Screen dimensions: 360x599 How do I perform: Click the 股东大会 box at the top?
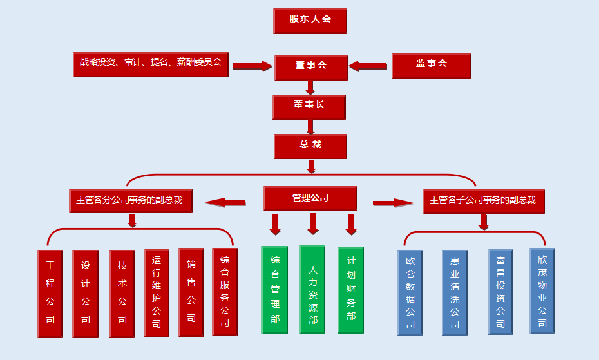tap(310, 21)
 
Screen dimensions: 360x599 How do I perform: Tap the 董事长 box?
tap(309, 106)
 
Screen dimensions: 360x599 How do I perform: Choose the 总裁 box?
tap(310, 146)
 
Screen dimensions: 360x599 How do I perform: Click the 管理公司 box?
tap(310, 198)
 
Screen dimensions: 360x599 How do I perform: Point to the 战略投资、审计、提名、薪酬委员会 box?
tap(150, 64)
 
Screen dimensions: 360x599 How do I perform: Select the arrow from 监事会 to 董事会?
tap(368, 66)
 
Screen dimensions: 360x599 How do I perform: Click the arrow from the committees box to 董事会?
tap(252, 66)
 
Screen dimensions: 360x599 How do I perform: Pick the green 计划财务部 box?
tap(350, 290)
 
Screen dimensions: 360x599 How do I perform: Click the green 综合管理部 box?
tap(274, 290)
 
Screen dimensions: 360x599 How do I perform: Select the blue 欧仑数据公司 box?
tap(410, 292)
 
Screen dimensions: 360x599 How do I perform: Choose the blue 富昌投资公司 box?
tap(500, 292)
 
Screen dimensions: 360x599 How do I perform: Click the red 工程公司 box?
tap(50, 293)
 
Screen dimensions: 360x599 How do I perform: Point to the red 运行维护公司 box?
tap(157, 292)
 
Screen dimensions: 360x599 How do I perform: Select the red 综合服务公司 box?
tap(225, 292)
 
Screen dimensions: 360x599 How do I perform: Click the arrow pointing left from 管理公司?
tap(225, 203)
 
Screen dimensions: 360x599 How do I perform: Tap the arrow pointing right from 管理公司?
tap(393, 203)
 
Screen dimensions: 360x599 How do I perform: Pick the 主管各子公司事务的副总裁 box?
tap(483, 200)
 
